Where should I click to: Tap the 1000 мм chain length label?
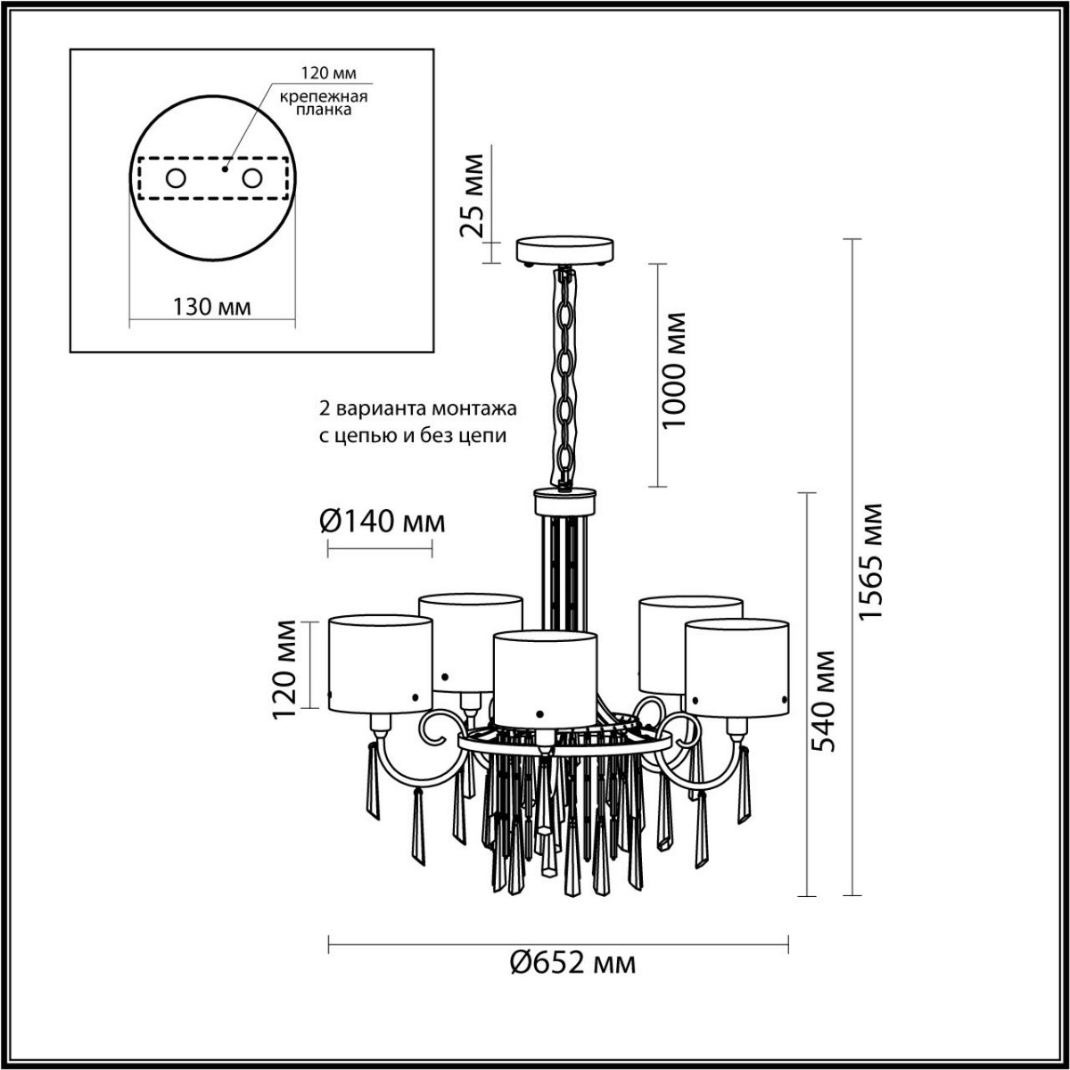(676, 369)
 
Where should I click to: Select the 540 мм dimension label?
(826, 700)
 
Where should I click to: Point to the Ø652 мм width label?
(573, 963)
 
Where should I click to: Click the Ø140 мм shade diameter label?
(382, 521)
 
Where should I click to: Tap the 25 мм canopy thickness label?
(473, 195)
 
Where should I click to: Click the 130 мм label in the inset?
(211, 307)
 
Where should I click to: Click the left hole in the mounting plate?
(176, 178)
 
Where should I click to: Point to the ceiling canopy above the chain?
(565, 249)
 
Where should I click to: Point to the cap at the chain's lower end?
(565, 499)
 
